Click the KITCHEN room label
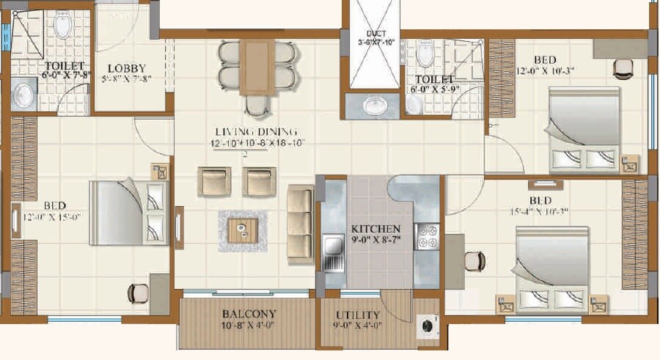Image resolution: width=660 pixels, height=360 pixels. (x=375, y=229)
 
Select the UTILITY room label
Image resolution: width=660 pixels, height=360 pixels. (x=357, y=315)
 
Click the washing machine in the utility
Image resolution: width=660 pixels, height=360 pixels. (x=425, y=323)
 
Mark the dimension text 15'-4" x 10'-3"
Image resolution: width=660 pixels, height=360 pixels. (x=539, y=211)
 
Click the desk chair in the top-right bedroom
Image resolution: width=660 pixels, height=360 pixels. (x=623, y=67)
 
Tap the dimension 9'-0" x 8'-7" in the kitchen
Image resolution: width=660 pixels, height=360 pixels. (x=375, y=239)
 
